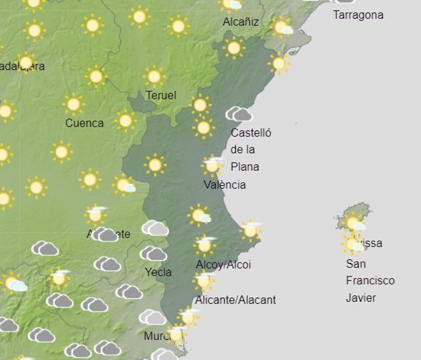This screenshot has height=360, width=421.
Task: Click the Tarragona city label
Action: [358, 15]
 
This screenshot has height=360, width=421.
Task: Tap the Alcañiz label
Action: [240, 22]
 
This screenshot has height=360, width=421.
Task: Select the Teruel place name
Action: [161, 95]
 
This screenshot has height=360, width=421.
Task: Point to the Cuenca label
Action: [84, 123]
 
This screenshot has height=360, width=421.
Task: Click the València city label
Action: [225, 184]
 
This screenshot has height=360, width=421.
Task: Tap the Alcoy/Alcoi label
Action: [223, 264]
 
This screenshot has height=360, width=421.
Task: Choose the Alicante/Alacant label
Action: [235, 300]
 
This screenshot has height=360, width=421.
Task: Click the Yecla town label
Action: [158, 272]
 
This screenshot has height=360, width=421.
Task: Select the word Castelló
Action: [251, 132]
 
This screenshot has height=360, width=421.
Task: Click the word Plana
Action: [245, 167]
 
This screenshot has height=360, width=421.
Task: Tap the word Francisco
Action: [370, 281]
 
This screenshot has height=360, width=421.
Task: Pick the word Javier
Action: [361, 298]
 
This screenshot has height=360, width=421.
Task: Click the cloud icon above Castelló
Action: [239, 114]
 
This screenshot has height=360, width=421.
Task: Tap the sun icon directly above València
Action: [212, 165]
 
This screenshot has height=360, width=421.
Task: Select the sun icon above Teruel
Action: [154, 76]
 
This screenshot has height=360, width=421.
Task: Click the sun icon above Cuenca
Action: [74, 104]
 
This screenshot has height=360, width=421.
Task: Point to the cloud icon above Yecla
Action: [153, 253]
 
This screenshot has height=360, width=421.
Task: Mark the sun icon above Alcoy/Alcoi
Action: [204, 245]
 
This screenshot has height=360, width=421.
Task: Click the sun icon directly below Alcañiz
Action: [233, 48]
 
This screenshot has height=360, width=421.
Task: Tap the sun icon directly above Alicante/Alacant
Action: [203, 281]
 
